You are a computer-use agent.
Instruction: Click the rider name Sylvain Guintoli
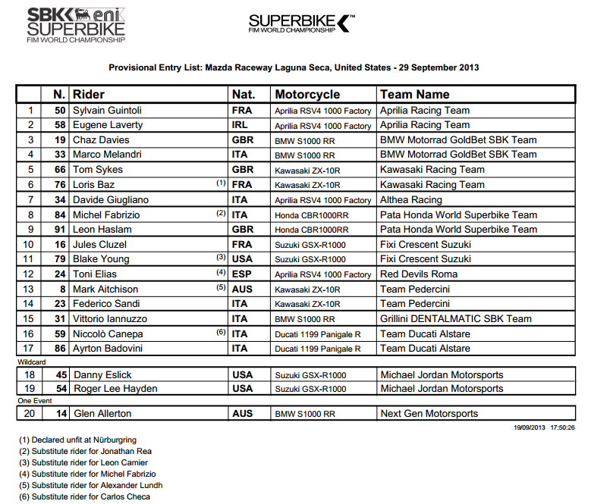coord(107,111)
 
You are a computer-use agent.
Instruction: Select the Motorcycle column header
coord(307,95)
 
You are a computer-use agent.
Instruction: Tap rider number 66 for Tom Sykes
coord(59,170)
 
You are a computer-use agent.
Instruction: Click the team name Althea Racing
coord(410,200)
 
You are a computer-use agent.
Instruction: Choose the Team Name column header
coord(414,95)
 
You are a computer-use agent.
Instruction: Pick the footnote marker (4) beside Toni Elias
coord(220,272)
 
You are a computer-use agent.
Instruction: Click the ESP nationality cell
coord(242,274)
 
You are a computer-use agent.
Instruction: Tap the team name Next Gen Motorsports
coord(429,414)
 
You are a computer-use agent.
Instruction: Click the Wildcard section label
coord(33,363)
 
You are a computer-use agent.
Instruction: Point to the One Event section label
coord(35,400)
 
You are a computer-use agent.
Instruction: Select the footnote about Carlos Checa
coord(84,496)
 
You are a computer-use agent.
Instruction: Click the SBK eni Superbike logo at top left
coord(76,24)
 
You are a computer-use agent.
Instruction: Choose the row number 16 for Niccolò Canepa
coord(29,334)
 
